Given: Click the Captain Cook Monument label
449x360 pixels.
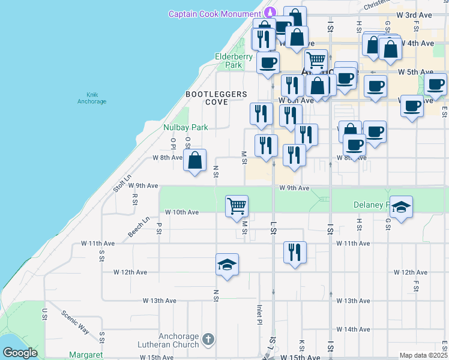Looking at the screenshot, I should click(x=215, y=14).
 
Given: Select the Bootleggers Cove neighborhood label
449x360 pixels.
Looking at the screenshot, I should click(x=216, y=98).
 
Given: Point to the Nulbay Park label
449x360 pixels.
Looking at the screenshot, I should click(x=185, y=127).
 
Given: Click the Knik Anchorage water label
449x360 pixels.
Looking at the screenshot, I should click(x=92, y=98).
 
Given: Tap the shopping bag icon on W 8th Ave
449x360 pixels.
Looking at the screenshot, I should click(x=194, y=161).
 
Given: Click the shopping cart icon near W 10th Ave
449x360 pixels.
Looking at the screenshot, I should click(x=237, y=206).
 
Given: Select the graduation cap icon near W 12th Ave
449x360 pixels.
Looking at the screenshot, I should click(x=227, y=265).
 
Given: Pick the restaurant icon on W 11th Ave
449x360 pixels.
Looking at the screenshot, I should click(x=295, y=253).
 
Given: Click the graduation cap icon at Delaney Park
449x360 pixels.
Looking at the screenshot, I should click(x=401, y=207).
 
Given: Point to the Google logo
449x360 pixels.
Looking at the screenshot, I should click(x=20, y=353).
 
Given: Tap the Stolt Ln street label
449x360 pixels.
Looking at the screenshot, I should click(x=122, y=184).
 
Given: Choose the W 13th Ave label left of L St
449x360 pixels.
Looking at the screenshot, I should click(x=161, y=300).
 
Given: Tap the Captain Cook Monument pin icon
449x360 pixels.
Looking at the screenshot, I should click(x=270, y=12).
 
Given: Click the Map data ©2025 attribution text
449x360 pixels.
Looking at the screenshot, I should click(x=424, y=355).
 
